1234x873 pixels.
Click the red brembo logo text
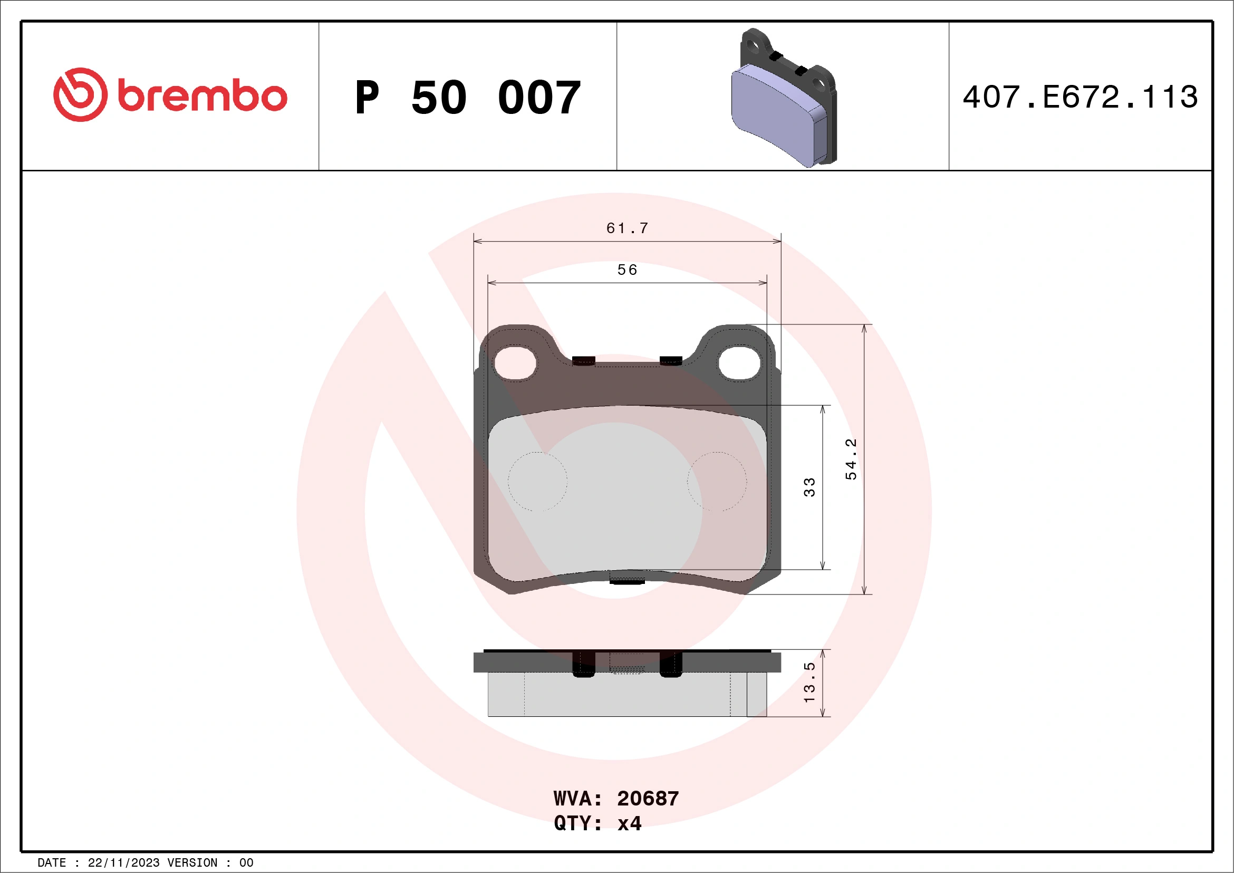point(202,96)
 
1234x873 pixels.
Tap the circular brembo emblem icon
point(80,94)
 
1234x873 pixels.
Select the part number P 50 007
point(468,97)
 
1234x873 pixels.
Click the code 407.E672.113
point(1081,97)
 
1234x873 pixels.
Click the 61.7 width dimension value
point(627,228)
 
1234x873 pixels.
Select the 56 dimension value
point(627,270)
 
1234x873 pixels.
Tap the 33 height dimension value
point(809,487)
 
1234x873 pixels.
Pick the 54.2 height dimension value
point(851,459)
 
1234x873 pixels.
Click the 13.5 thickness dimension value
point(809,682)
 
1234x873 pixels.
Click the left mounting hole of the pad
point(515,363)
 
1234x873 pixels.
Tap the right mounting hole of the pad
point(739,363)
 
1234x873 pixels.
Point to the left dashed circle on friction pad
point(537,482)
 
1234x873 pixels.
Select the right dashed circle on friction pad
point(717,482)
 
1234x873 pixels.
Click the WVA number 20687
point(648,799)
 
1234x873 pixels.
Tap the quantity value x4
point(629,823)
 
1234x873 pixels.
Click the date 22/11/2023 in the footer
point(123,863)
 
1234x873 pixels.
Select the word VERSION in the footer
point(192,863)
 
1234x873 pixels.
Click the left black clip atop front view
point(584,360)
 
